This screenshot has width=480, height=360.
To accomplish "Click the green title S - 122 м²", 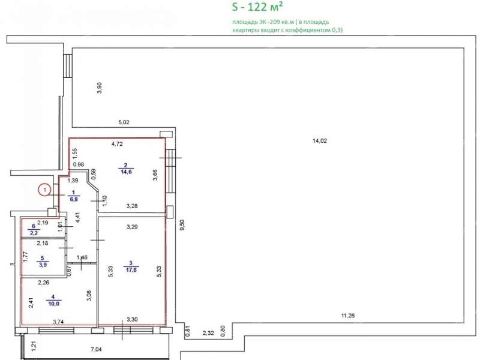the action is point(257,7).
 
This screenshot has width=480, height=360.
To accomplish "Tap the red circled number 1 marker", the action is point(44,190).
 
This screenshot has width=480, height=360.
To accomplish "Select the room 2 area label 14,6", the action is point(126,172).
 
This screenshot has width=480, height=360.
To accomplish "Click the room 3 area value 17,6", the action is point(131,270).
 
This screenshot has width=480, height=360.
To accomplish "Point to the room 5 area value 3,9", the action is point(43,265).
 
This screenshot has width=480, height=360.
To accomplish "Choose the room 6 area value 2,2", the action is point(34,233).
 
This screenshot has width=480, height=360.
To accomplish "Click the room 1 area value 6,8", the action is point(74,199).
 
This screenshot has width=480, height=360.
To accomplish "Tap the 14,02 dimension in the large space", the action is point(320,141).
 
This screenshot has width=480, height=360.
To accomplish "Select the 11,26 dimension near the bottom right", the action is point(348,316).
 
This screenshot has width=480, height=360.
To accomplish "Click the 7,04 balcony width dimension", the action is point(97,349).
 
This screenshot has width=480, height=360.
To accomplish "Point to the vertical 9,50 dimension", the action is point(182,224).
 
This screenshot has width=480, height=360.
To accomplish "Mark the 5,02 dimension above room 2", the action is point(124,122).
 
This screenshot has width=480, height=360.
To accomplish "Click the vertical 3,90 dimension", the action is point(99,88).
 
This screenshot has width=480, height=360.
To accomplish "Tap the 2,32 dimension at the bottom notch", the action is point(208,333).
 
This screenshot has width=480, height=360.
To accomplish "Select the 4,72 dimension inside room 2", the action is point(117,144).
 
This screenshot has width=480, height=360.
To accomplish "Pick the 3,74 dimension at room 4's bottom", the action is point(58,322).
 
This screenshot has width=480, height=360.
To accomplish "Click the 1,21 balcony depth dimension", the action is point(34,346).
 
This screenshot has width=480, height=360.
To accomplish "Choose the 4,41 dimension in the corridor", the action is point(78,217).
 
